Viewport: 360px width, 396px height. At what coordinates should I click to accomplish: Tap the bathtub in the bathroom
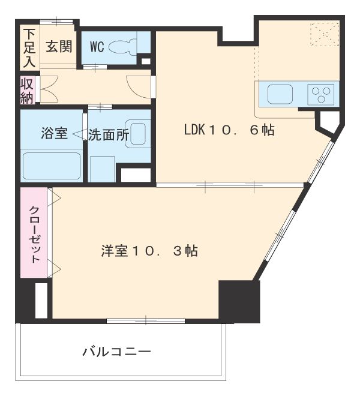coord(52,166)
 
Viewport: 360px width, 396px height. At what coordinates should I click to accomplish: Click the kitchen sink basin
coord(280,94)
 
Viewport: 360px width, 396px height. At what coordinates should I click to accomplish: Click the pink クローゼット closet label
coord(35,234)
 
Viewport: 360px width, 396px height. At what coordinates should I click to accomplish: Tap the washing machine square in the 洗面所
coord(102,168)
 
